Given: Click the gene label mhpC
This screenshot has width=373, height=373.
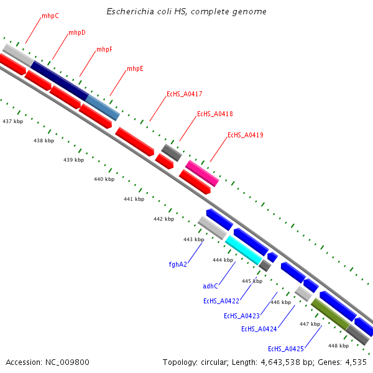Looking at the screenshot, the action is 50,16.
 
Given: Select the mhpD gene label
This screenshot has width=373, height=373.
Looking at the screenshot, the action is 77,32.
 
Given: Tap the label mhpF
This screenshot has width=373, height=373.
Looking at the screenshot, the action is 104,49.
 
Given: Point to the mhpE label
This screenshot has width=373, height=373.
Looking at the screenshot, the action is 135,68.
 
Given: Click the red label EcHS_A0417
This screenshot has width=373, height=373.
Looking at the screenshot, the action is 184,94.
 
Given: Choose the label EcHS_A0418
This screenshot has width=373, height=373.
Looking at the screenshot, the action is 215,114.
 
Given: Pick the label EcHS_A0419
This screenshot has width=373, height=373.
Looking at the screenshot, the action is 246,135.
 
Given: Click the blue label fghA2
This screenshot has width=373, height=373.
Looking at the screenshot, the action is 178,264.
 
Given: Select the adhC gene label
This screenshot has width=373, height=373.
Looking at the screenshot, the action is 211,286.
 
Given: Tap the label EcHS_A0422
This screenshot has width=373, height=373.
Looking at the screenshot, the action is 221,301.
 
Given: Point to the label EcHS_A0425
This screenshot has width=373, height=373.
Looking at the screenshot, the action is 286,349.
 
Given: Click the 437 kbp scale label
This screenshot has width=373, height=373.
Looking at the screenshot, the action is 12,121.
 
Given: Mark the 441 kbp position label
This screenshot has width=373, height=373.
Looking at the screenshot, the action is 134,199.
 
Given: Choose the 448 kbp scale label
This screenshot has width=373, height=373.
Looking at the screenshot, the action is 338,346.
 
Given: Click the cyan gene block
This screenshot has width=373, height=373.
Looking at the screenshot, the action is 244,249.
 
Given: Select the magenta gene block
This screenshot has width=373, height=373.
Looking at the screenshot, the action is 202,173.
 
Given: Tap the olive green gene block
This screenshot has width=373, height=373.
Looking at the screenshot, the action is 329,314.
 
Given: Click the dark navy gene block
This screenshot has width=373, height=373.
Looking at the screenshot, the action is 59,80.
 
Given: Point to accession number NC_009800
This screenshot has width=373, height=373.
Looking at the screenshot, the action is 47,362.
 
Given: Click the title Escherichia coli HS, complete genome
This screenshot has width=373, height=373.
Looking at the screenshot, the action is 186,12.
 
